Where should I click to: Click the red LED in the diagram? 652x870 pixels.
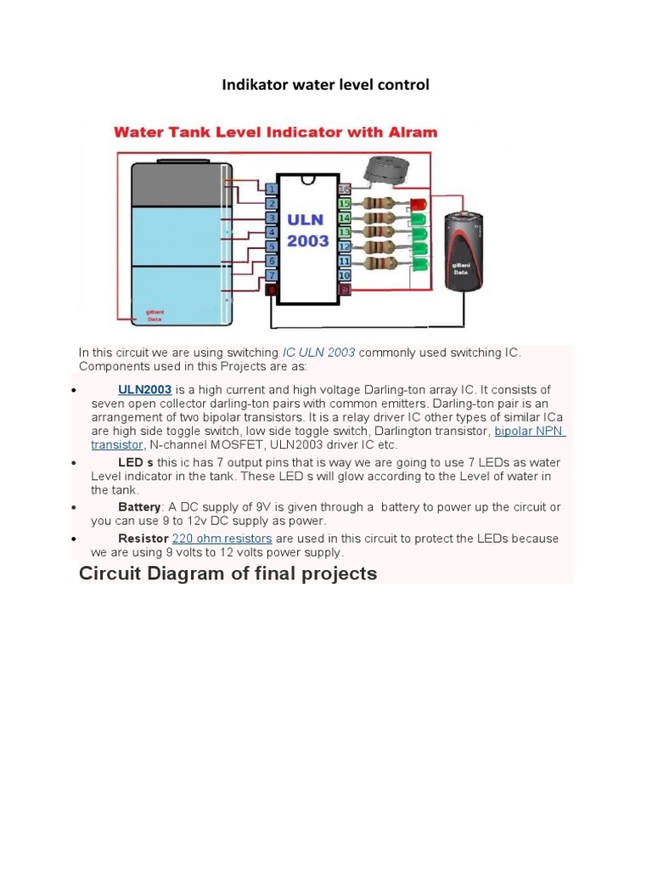[418, 204]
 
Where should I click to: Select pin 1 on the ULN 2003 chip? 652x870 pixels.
[271, 189]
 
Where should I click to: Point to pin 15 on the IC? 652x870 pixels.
[344, 204]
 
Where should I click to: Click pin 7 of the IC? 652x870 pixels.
[271, 275]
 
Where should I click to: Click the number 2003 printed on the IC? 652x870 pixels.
[307, 241]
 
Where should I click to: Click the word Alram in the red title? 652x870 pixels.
[409, 132]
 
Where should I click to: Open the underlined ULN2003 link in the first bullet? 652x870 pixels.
[144, 390]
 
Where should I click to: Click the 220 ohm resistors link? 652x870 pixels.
[222, 539]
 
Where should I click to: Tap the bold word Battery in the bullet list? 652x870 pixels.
[139, 507]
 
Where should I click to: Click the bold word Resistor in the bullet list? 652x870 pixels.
[143, 539]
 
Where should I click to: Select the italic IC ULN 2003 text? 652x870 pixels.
[318, 352]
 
